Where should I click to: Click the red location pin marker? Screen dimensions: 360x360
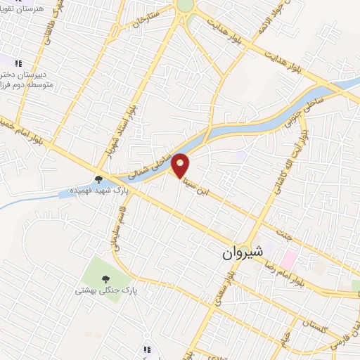point(181,165)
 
